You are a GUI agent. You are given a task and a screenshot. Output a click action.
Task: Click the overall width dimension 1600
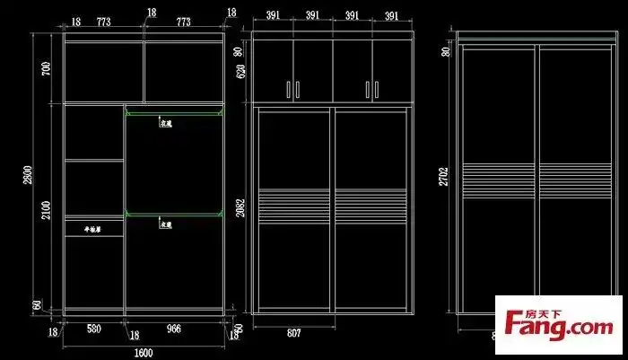click(144, 353)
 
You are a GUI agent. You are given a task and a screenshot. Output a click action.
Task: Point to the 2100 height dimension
click(46, 209)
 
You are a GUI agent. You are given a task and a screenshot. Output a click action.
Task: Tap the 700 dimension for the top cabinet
click(46, 68)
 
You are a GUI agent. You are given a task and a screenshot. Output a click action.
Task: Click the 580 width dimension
click(93, 329)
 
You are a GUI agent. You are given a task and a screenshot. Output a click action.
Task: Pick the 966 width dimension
click(174, 329)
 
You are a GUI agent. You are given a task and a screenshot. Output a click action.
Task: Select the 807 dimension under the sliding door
click(293, 333)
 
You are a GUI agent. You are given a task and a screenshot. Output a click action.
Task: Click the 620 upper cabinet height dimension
click(240, 73)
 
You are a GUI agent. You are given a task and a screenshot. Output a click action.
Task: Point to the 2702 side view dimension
click(442, 175)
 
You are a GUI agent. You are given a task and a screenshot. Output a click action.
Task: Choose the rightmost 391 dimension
click(392, 16)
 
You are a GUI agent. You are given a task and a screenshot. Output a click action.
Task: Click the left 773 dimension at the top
click(103, 21)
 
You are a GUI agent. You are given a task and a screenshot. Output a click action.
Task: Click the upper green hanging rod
click(173, 112)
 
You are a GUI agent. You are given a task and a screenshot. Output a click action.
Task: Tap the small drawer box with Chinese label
click(93, 228)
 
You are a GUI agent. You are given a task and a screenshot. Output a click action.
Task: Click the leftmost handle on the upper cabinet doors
click(289, 89)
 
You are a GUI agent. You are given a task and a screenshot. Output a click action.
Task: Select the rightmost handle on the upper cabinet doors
click(374, 89)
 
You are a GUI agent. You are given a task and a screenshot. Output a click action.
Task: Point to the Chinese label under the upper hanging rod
click(165, 124)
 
